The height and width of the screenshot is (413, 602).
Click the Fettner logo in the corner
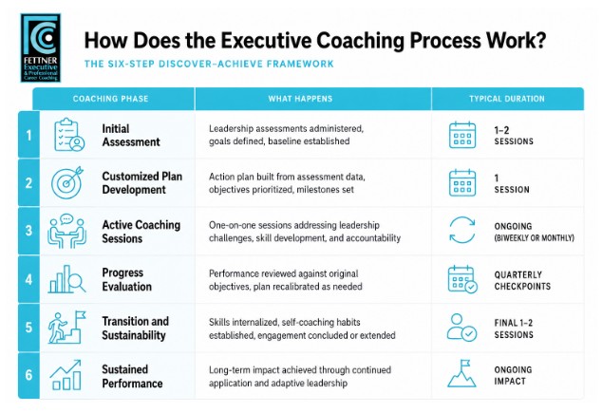coord(40,48)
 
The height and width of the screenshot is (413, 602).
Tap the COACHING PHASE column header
coord(110,99)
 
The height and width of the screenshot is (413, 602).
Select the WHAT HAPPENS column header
coord(300,99)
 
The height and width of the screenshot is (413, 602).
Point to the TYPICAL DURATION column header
coord(507,99)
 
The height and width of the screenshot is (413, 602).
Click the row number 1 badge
coord(28,135)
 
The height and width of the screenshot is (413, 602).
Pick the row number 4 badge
coord(28,279)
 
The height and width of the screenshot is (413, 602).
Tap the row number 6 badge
coord(28,375)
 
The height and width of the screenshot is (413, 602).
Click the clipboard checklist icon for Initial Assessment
coord(69,135)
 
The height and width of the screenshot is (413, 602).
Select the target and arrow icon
coord(67,182)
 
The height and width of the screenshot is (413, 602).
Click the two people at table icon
coord(66,231)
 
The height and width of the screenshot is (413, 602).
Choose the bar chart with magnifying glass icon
coord(66,279)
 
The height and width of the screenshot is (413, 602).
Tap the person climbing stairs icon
coord(66,327)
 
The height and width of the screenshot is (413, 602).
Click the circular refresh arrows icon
coord(462,231)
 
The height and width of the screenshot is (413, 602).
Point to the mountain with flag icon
coord(461,373)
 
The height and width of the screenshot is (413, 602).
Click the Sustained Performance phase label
coord(132,376)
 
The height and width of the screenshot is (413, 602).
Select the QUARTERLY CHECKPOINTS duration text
coord(522,281)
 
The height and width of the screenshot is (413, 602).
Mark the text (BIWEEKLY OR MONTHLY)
coord(534,238)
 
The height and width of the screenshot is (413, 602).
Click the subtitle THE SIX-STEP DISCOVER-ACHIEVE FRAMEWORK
coord(209,64)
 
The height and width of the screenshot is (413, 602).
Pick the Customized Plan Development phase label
coord(142,183)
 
